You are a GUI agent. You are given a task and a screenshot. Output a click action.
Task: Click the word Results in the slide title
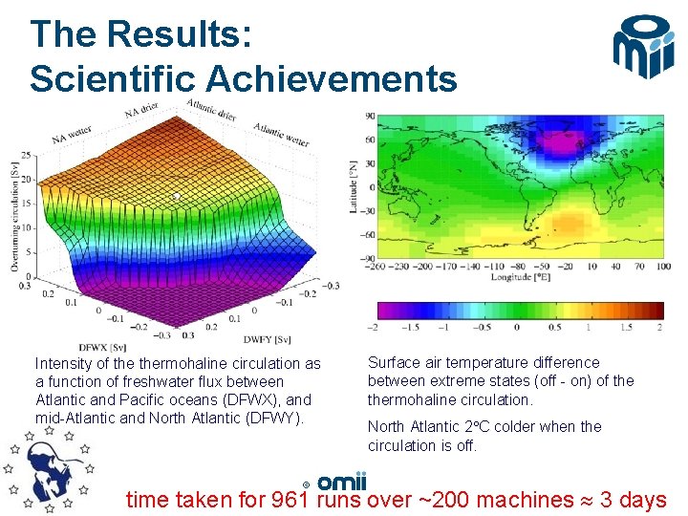pos(180,34)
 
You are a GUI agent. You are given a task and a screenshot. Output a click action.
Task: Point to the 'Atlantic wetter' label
pos(281,135)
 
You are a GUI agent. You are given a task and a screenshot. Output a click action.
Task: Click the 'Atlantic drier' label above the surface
pos(213,112)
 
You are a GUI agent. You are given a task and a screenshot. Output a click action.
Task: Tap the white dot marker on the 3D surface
pos(176,197)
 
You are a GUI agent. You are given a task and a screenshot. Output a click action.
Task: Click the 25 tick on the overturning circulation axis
pos(25,155)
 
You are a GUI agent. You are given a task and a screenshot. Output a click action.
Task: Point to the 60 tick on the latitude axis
pos(370,140)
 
